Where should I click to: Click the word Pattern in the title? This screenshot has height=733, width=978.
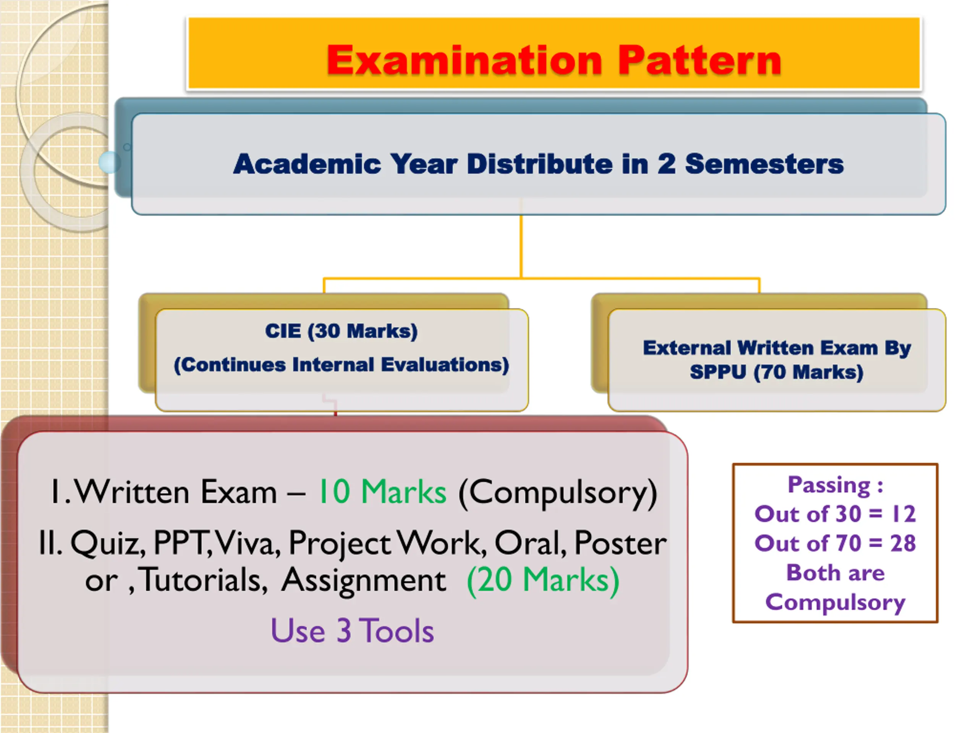pos(699,61)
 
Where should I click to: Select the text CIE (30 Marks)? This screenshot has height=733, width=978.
pos(341,331)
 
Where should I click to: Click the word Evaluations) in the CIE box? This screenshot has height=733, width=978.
pos(445,365)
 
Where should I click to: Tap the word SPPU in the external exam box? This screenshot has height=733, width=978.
pos(718,372)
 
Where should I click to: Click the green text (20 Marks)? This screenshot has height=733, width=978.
pos(543,580)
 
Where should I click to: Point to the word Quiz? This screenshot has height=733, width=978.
pos(108,543)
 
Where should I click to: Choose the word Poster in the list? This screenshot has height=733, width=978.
pos(620,543)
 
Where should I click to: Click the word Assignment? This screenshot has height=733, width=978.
pos(363,581)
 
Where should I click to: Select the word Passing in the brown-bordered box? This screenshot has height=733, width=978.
pos(829,485)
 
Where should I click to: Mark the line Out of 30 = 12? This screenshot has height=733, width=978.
pos(835,514)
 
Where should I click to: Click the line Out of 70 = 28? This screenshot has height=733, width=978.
pos(835,544)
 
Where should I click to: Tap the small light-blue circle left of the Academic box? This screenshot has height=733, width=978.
pos(109,162)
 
